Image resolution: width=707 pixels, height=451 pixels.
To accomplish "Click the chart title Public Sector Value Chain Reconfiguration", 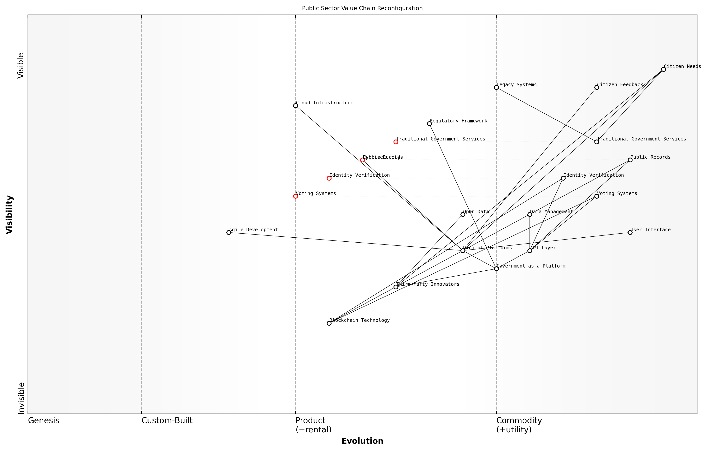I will pos(362,8).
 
